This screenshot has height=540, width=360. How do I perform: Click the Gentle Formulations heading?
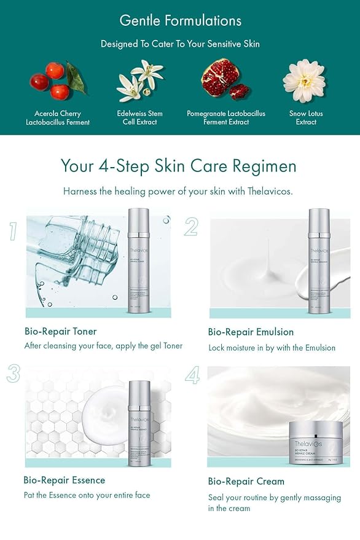(180, 20)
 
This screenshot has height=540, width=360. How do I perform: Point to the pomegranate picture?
(225, 81)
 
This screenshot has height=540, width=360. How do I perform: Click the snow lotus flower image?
(304, 80)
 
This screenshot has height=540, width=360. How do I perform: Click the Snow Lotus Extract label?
(306, 118)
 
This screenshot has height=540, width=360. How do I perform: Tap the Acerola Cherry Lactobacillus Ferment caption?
(58, 118)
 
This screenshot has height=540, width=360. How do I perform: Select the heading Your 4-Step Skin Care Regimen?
(178, 166)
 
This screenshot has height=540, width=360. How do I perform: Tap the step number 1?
(13, 231)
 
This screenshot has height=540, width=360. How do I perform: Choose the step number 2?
(191, 227)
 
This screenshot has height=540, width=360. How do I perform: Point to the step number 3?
(14, 373)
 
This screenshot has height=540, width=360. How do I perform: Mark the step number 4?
(192, 375)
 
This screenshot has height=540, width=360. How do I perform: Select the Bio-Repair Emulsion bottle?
(319, 258)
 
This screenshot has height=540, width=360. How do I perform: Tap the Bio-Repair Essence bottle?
(139, 424)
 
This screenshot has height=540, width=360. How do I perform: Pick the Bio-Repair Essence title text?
(65, 480)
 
